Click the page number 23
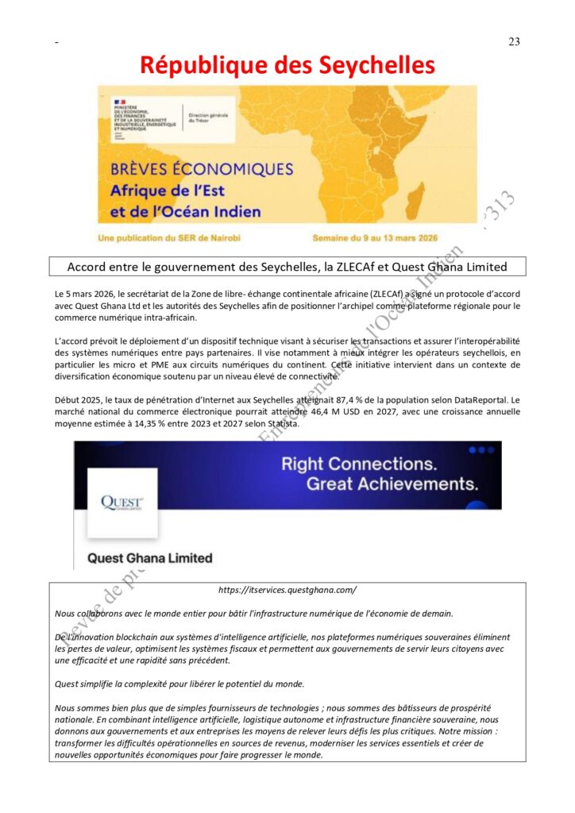tap(514, 42)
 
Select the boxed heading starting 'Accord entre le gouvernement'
tap(287, 267)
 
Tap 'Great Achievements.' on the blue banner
tap(392, 484)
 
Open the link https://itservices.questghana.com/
tap(287, 590)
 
